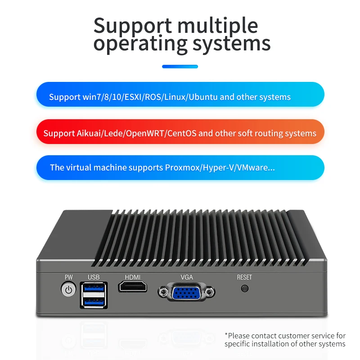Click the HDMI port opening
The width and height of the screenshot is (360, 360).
click(133, 287)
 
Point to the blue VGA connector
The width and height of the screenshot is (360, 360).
click(185, 293)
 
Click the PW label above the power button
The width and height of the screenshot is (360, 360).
click(68, 277)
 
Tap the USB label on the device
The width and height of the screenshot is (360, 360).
click(94, 277)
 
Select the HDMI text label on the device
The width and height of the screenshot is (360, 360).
click(133, 277)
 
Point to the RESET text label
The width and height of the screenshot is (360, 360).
click(244, 277)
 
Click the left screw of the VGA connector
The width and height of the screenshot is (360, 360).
click(163, 293)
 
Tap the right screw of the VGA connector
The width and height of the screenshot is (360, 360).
click(209, 293)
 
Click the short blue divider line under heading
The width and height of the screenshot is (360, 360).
click(180, 67)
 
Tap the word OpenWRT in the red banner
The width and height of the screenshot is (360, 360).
click(146, 133)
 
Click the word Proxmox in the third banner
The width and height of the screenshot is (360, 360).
click(183, 168)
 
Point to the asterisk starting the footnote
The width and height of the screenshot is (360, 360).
click(226, 335)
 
